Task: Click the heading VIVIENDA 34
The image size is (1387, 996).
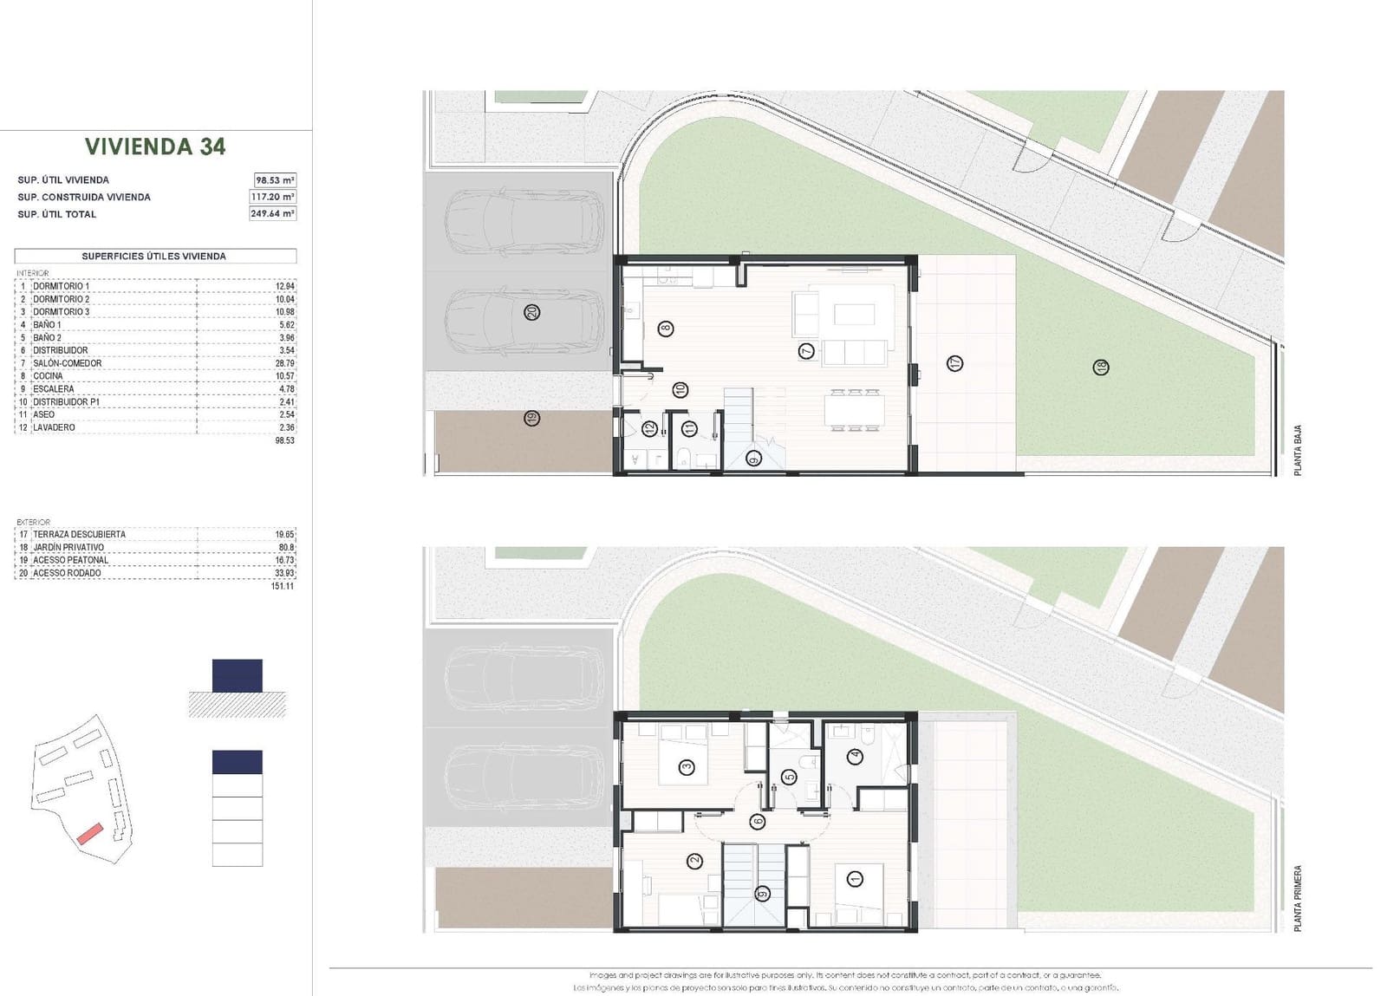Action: [x=155, y=146]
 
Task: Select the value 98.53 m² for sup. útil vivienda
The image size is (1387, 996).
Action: [x=275, y=180]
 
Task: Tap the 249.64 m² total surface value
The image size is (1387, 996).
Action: [x=272, y=213]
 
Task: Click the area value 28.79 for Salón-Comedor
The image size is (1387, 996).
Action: [x=286, y=363]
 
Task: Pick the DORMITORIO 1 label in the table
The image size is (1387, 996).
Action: [x=61, y=286]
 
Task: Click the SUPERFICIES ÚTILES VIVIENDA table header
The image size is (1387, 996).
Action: [x=154, y=257]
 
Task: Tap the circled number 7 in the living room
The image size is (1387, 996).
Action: [x=807, y=351]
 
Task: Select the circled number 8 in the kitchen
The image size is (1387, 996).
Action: [x=665, y=329]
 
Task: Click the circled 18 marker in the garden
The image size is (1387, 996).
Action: [x=1101, y=367]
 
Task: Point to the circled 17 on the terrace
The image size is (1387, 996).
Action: [x=954, y=363]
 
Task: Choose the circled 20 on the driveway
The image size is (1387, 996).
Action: [x=532, y=312]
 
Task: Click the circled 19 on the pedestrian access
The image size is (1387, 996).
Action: [x=532, y=418]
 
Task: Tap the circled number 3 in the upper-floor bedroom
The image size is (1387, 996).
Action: [x=687, y=766]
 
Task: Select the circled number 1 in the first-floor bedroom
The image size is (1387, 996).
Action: [x=856, y=880]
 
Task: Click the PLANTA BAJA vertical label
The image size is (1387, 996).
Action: [x=1298, y=450]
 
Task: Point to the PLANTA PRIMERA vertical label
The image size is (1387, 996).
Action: [x=1298, y=899]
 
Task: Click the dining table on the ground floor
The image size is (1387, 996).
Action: [x=855, y=411]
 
